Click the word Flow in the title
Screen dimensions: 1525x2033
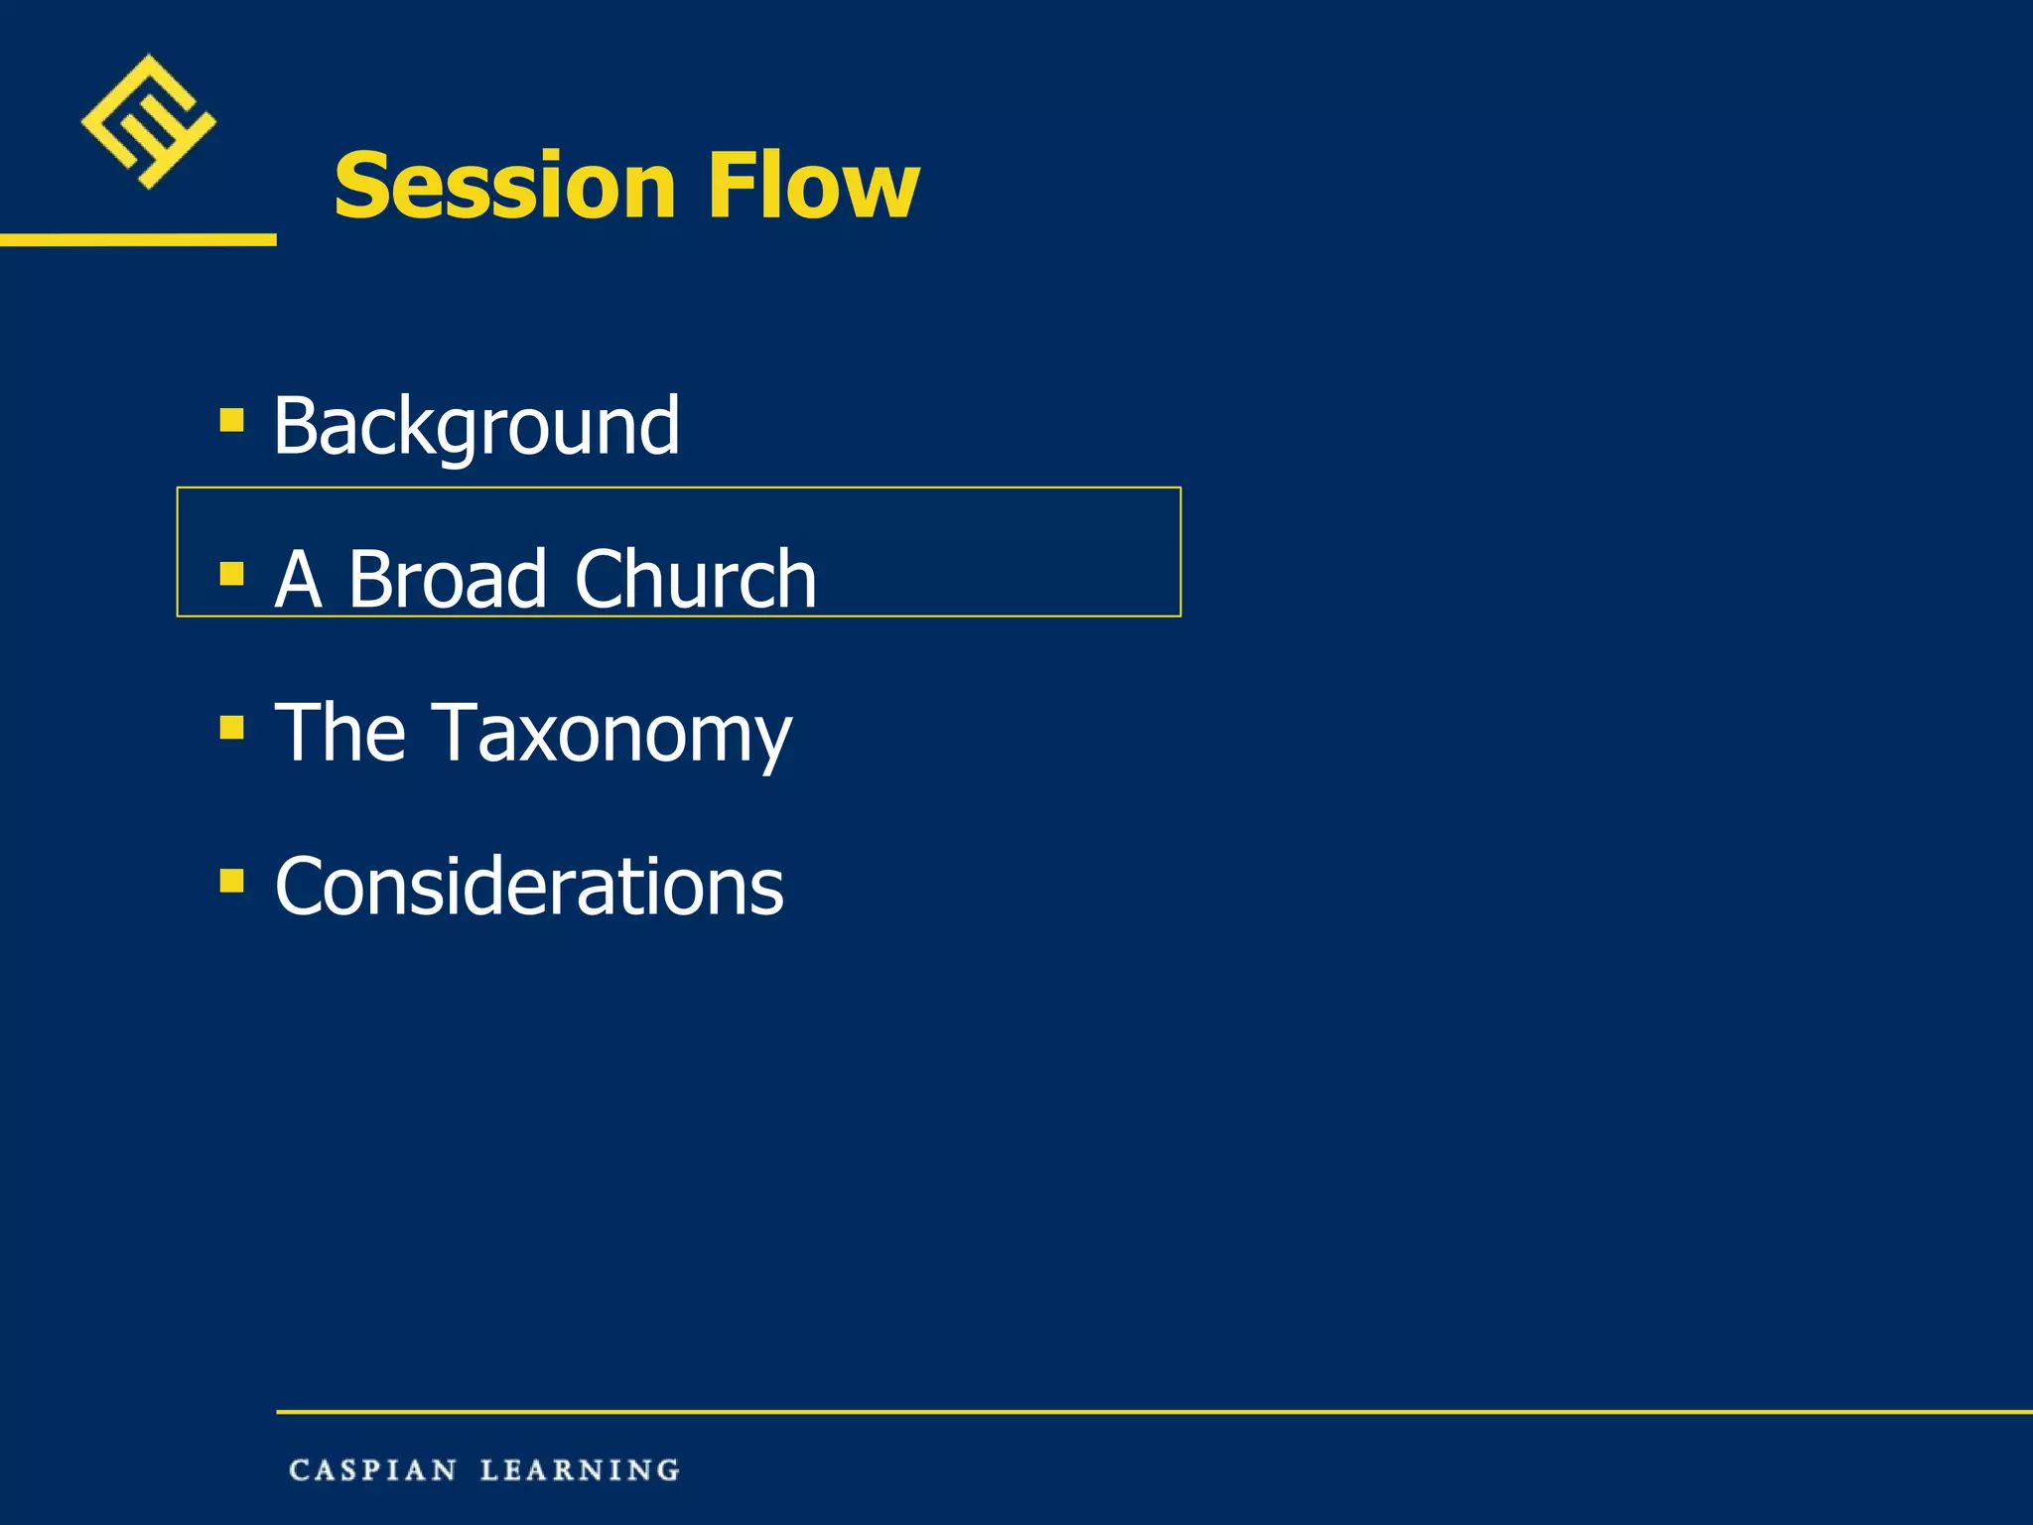tap(814, 186)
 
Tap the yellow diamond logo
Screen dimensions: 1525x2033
tap(148, 121)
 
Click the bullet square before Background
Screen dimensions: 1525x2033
tap(231, 420)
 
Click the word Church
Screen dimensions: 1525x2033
tap(695, 579)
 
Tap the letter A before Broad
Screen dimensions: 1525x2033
tap(298, 579)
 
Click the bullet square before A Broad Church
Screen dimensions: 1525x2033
tap(231, 574)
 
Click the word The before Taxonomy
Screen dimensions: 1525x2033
tap(340, 733)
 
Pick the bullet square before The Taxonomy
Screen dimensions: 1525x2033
tap(231, 728)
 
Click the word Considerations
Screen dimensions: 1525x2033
tap(529, 887)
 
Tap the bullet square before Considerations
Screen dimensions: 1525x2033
tap(231, 881)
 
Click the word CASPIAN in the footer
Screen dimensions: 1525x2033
tap(373, 1470)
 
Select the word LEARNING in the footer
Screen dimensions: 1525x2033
tap(581, 1470)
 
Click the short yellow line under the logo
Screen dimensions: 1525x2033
tap(138, 239)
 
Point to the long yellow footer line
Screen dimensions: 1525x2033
tap(1152, 1411)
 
